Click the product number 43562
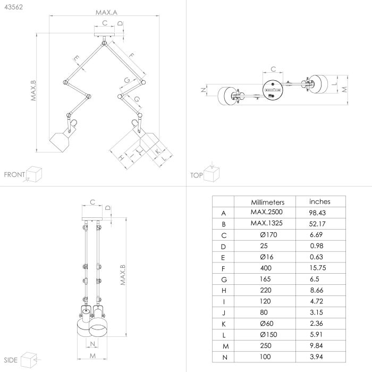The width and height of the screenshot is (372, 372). click(x=13, y=7)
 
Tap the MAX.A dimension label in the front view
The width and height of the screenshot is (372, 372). click(x=106, y=12)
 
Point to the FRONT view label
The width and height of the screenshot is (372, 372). click(x=14, y=175)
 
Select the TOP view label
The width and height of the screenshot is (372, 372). click(x=197, y=175)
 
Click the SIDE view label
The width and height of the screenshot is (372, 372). click(x=11, y=360)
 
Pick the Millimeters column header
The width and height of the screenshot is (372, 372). click(x=268, y=202)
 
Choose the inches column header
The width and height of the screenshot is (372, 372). click(x=319, y=201)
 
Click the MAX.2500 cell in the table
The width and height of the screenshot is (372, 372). click(x=266, y=212)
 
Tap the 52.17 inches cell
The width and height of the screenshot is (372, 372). click(x=317, y=224)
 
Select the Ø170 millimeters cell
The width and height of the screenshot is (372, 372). click(x=268, y=235)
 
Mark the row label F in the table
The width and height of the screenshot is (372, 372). click(x=223, y=269)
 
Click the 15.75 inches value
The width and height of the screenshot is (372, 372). click(x=318, y=268)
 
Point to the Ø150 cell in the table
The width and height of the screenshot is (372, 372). click(x=268, y=334)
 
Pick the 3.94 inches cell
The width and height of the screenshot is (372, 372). click(x=316, y=357)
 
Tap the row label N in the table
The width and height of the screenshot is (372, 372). click(x=225, y=358)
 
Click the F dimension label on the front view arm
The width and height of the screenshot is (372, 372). click(x=131, y=55)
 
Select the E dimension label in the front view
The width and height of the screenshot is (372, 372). click(x=77, y=58)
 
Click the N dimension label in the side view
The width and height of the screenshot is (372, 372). click(x=92, y=344)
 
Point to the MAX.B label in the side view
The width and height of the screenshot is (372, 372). click(x=123, y=275)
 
